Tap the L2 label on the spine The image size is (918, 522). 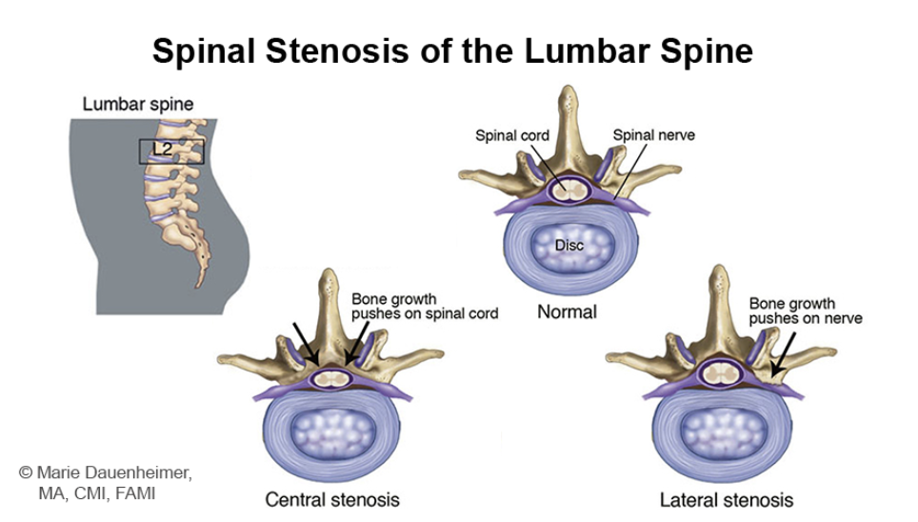162,149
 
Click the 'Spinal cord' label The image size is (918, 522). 512,135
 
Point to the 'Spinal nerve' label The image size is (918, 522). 653,135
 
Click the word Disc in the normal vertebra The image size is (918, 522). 569,246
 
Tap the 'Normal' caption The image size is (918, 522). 567,311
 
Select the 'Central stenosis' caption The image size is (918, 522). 331,499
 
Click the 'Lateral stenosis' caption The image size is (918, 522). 726,499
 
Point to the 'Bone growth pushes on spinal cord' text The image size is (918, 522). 425,307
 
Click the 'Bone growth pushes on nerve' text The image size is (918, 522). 806,311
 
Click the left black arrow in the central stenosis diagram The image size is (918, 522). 306,341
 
